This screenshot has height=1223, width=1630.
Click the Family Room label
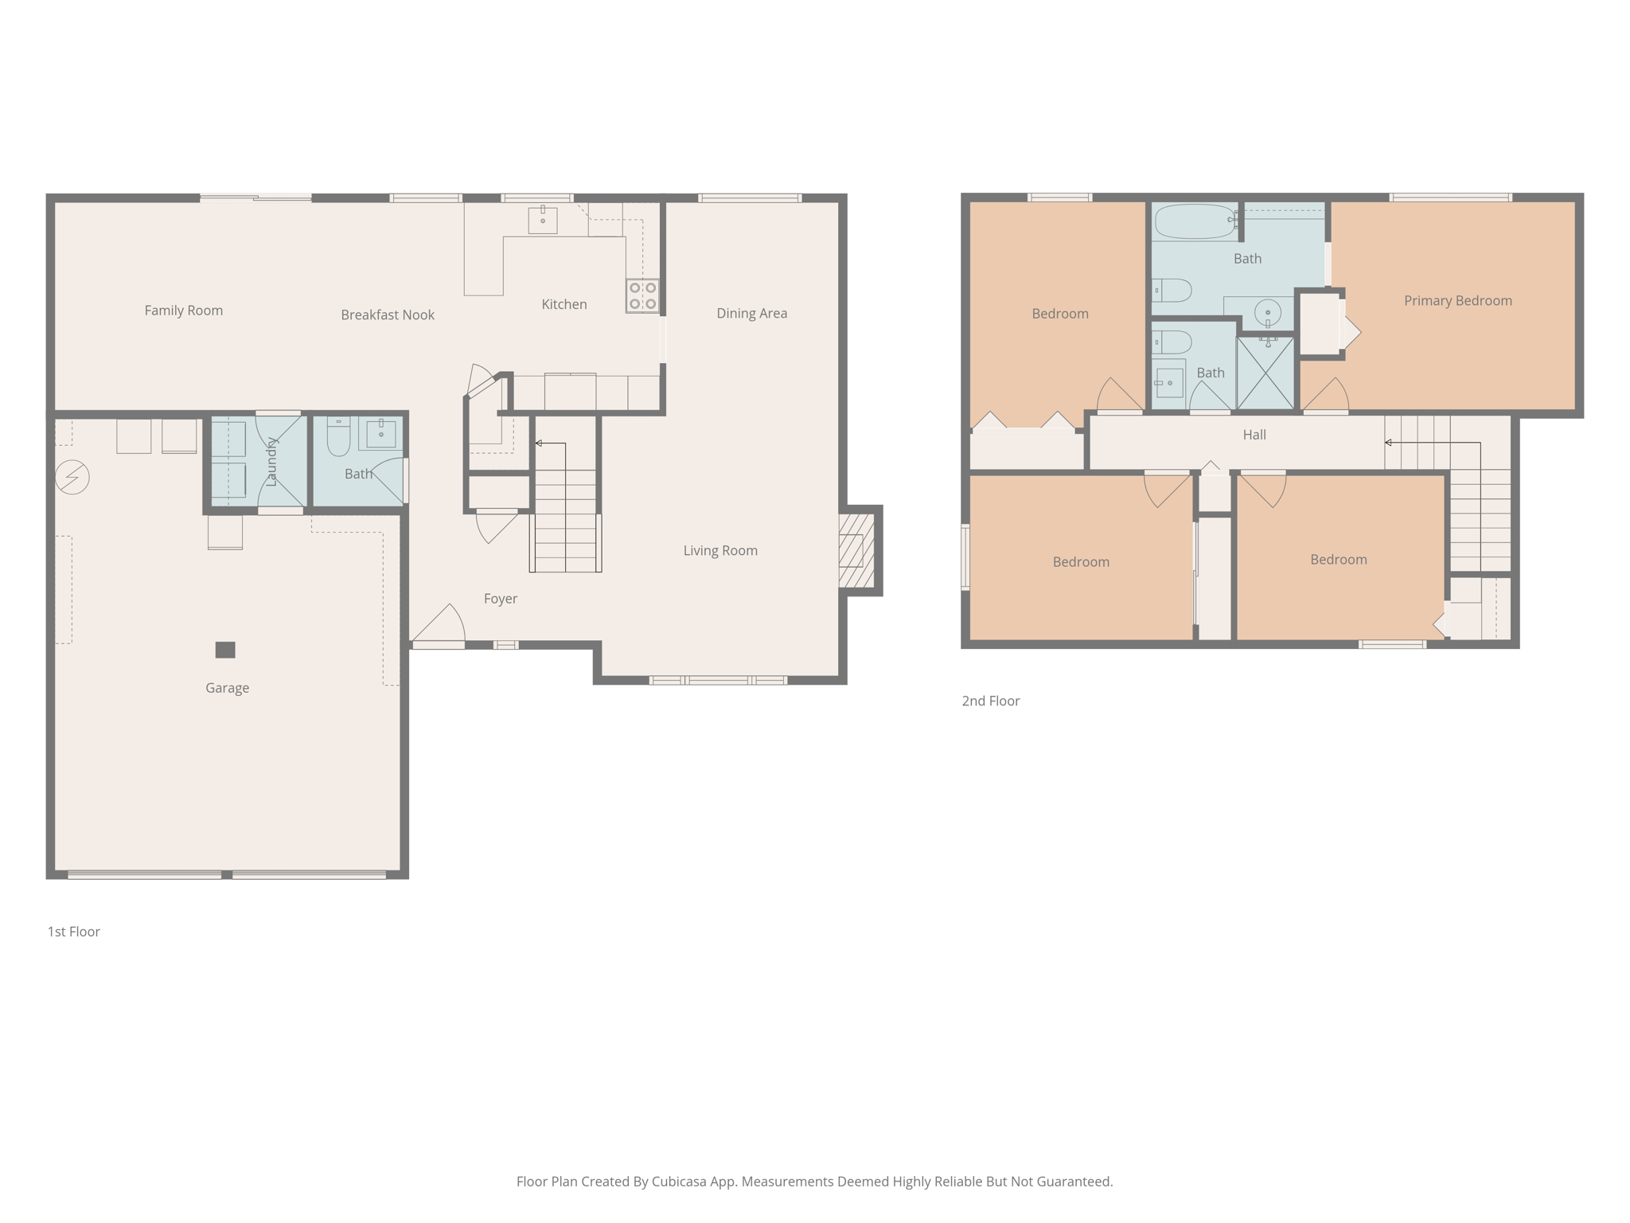[183, 311]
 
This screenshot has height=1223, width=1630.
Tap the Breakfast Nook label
[388, 315]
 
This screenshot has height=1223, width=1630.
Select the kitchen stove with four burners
[642, 295]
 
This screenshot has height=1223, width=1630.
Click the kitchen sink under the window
[543, 219]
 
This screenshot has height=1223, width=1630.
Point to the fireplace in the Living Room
[856, 550]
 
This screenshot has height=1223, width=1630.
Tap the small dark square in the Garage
[225, 650]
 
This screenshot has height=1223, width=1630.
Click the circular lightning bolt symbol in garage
[72, 477]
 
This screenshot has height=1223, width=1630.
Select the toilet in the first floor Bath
[338, 436]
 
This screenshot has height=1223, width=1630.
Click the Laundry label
[271, 462]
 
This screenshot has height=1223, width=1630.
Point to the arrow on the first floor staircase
[540, 443]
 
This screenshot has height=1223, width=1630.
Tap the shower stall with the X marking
[1265, 373]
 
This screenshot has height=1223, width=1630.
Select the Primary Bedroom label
[1457, 300]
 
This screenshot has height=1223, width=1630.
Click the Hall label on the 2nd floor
[1254, 435]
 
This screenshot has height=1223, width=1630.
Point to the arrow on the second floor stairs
[1390, 442]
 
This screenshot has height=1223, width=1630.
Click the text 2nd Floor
[990, 701]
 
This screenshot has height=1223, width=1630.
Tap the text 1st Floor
[73, 932]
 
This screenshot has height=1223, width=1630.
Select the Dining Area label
[751, 313]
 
